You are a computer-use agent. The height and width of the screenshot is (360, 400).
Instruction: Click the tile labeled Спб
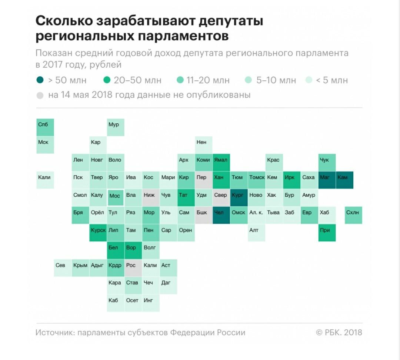(45, 127)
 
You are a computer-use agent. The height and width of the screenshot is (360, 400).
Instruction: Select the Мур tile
(116, 127)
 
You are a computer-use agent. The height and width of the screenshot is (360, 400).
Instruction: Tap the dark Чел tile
(221, 215)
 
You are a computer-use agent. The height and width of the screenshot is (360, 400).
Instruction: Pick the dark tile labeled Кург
(239, 197)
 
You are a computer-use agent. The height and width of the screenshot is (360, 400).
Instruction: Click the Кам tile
(344, 180)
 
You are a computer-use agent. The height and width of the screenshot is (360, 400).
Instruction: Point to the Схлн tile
(353, 215)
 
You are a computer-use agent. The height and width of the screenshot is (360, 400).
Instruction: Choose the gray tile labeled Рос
(133, 268)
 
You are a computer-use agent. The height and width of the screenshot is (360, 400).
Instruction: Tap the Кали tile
(45, 180)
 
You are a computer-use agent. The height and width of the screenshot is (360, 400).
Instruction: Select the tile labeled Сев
(63, 268)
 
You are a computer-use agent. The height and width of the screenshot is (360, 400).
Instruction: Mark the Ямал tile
(221, 162)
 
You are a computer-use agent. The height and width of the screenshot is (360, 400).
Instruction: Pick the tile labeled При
(327, 233)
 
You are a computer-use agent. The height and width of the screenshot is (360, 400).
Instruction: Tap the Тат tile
(186, 197)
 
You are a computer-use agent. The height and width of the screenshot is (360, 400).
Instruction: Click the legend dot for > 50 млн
(40, 80)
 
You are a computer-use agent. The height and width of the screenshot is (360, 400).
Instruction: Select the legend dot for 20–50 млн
(107, 80)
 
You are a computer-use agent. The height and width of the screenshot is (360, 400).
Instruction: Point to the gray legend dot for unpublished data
(40, 95)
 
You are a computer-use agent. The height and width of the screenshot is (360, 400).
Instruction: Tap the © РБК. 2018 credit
(339, 332)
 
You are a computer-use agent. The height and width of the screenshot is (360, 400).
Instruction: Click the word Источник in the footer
(54, 332)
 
